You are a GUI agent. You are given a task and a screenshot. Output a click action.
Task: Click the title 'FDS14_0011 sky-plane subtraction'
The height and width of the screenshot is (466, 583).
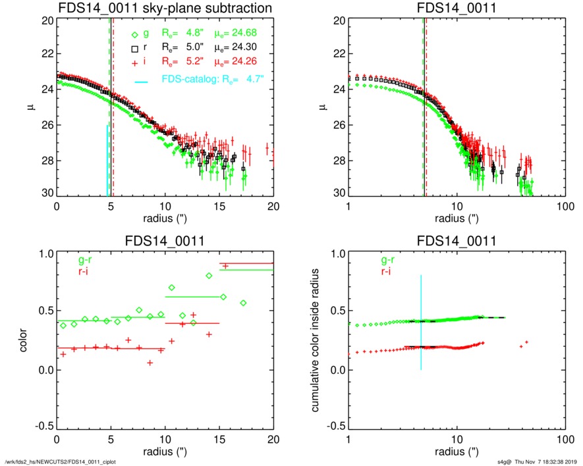point(165,8)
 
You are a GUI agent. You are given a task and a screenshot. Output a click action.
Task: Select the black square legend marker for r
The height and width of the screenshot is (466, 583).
point(134,48)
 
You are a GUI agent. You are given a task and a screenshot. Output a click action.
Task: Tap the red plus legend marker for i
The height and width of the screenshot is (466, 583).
point(134,62)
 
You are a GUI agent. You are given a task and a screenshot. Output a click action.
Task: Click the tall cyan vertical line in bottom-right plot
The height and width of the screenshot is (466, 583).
point(421,323)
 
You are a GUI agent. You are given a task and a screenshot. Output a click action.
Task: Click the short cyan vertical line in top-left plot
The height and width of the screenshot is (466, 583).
point(107,161)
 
